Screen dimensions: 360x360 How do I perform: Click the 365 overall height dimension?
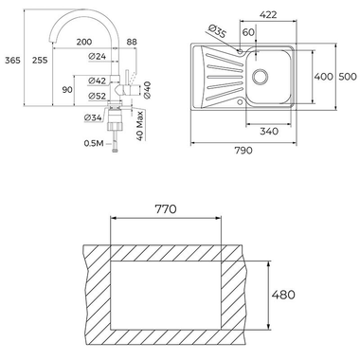click(x=12, y=60)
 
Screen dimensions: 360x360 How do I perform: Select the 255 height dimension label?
click(x=40, y=60)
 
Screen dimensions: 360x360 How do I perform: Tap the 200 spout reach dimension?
click(x=84, y=42)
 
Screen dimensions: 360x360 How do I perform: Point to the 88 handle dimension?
click(x=132, y=42)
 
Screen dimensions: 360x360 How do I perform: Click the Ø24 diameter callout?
click(x=98, y=57)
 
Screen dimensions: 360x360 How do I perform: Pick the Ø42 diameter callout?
click(x=98, y=81)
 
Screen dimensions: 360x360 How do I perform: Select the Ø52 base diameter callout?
click(x=98, y=96)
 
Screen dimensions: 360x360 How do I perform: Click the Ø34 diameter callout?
click(x=93, y=117)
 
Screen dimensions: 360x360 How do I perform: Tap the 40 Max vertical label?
click(x=140, y=126)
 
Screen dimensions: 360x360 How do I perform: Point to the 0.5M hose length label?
click(x=94, y=143)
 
